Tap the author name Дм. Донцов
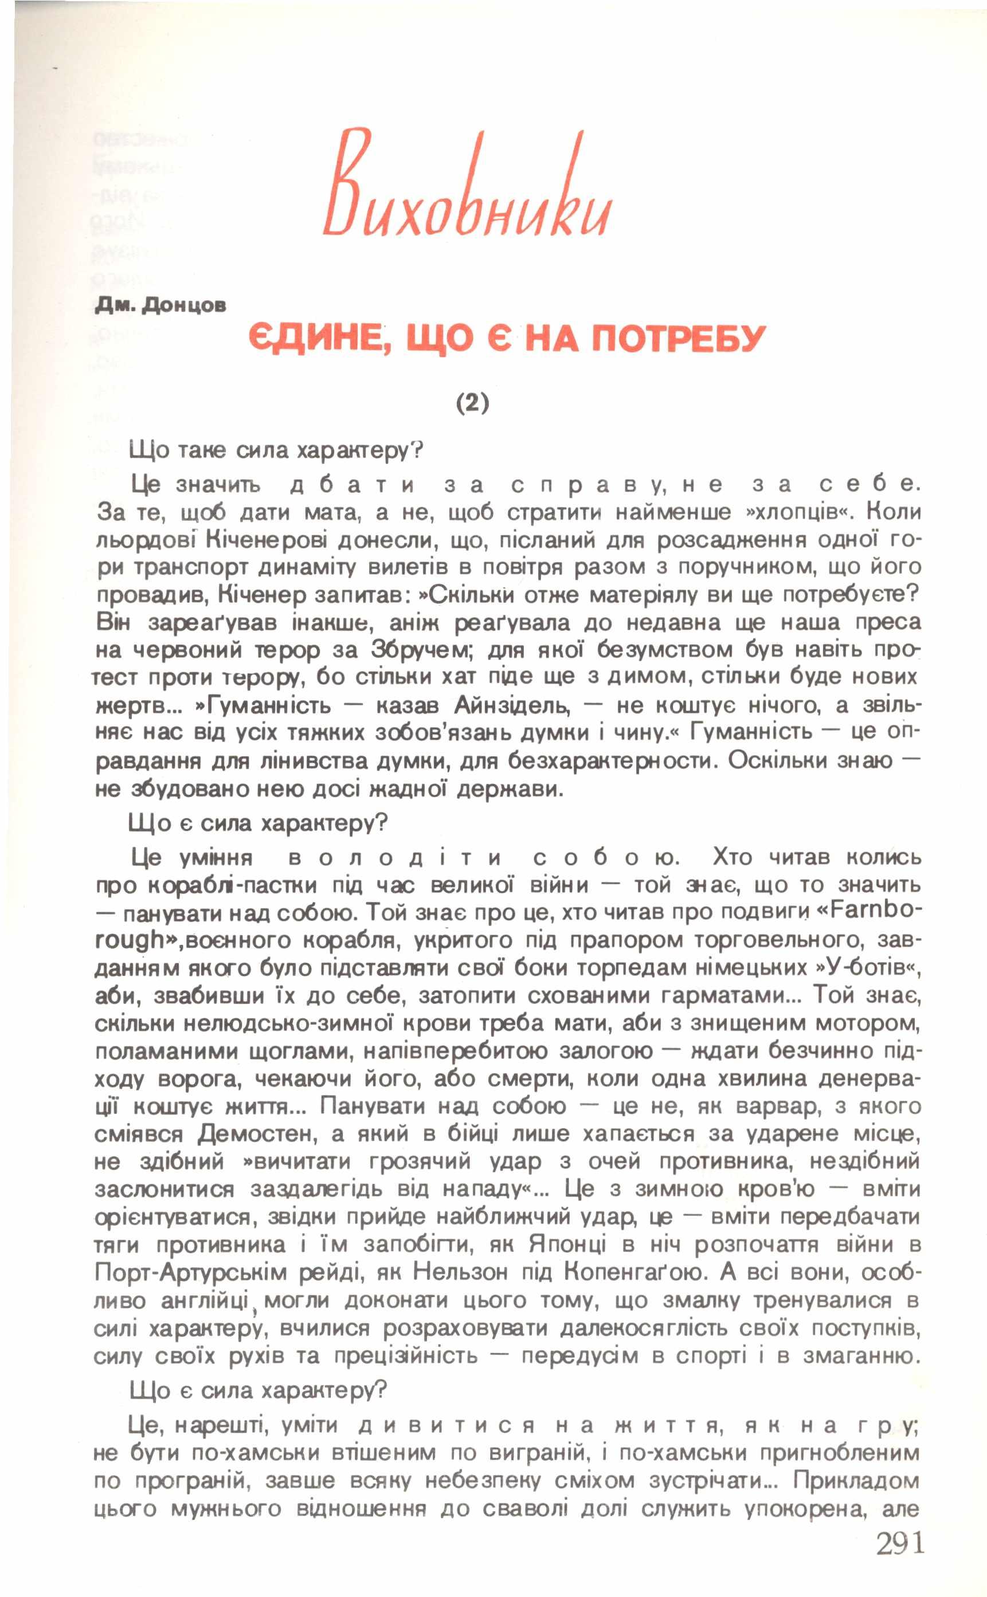click(160, 305)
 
